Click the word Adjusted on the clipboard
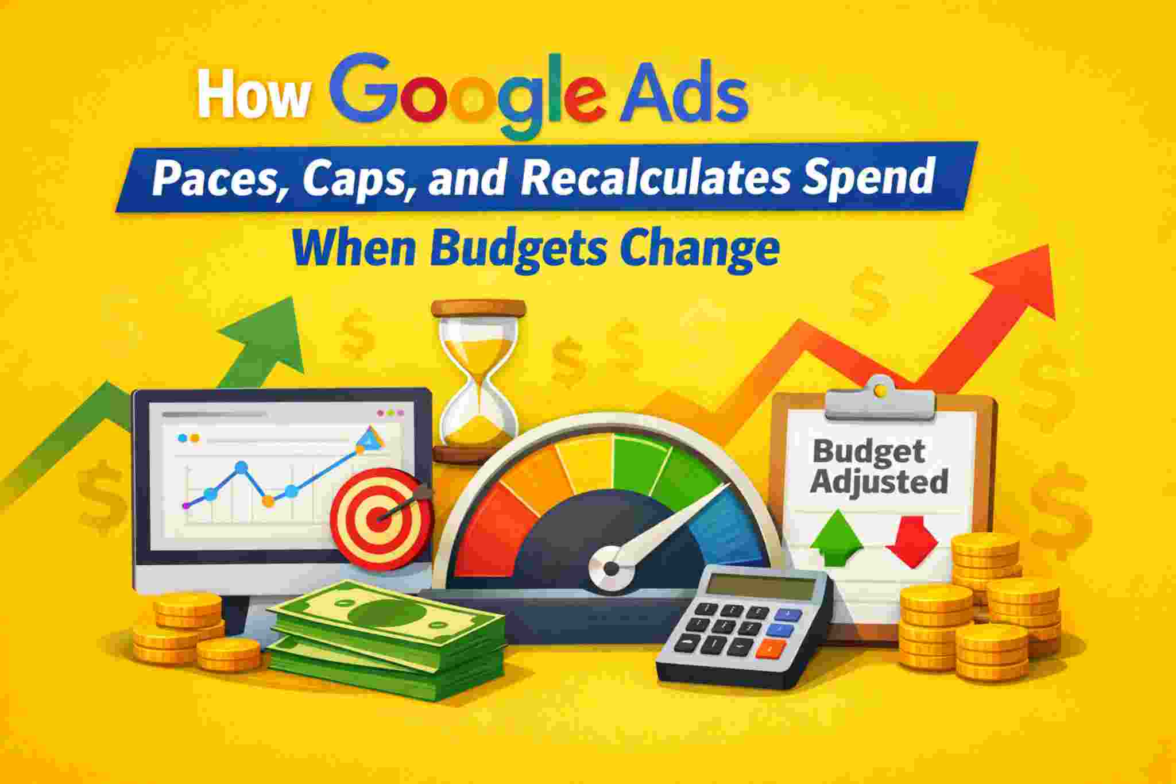[x=880, y=481]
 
